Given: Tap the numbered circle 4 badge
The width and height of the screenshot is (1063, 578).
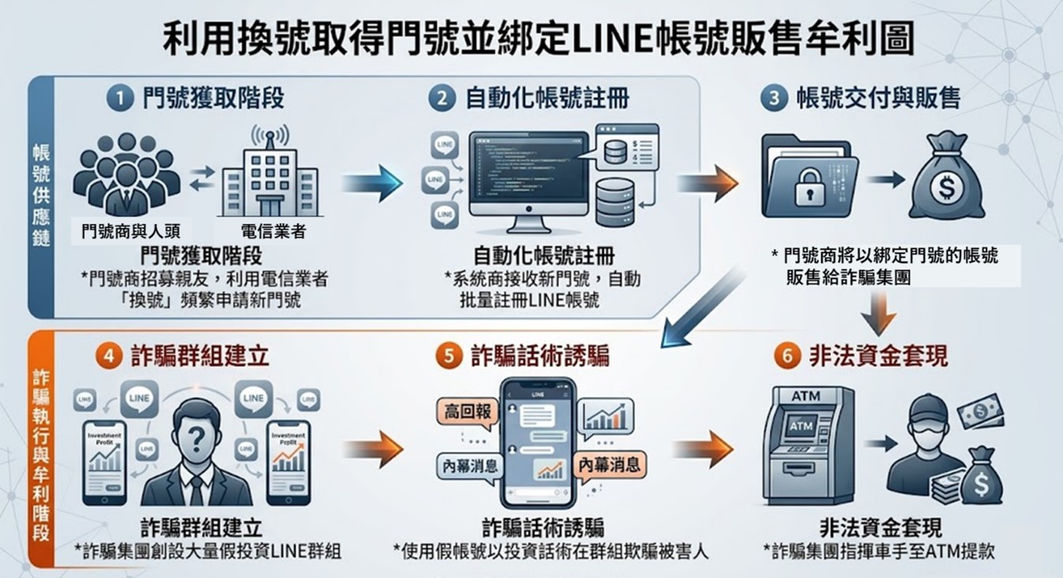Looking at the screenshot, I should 109,356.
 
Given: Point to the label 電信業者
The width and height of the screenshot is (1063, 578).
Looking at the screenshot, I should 272,232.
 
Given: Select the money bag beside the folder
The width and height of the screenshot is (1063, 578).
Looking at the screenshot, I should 946,178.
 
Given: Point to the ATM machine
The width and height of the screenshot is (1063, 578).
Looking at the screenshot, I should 807,446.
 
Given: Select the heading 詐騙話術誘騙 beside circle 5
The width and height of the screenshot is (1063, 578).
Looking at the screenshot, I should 539,356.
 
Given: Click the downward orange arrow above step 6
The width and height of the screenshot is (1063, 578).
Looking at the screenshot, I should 878,311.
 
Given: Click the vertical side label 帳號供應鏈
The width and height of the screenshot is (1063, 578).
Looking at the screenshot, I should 39,195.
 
